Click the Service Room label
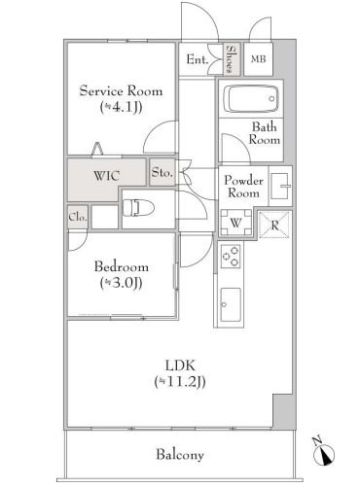click(121, 90)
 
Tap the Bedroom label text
click(122, 266)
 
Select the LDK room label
click(180, 366)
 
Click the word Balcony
click(180, 455)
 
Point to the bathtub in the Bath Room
click(250, 98)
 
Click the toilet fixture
click(139, 207)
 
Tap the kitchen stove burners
click(231, 257)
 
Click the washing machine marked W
click(236, 223)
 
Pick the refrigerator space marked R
click(274, 225)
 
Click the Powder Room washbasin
click(280, 186)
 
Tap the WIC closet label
click(106, 176)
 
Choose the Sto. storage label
click(162, 172)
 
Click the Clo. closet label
click(78, 217)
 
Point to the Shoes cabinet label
click(232, 59)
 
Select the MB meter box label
click(259, 59)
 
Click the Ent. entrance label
click(198, 59)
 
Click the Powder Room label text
click(243, 187)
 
